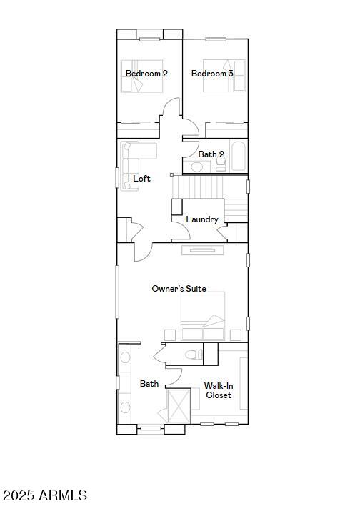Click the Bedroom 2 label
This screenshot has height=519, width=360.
[x=146, y=74]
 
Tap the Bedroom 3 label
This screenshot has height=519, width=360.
[x=212, y=74]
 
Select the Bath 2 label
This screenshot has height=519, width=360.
[x=211, y=154]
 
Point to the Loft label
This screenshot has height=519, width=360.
[x=141, y=179]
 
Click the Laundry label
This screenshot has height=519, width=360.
[x=202, y=219]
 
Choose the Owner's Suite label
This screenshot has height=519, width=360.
[x=179, y=289]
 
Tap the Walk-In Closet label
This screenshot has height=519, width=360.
[x=218, y=390]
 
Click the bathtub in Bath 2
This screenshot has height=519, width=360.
[x=238, y=157]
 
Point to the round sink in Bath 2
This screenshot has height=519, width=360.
[x=197, y=167]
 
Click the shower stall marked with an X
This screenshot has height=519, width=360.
[x=179, y=406]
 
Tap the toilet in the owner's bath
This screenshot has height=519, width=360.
[x=194, y=355]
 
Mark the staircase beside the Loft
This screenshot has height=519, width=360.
[x=210, y=194]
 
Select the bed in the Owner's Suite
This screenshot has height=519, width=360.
[x=203, y=316]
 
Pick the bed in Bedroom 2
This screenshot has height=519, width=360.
[x=142, y=76]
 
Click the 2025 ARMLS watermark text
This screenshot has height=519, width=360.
[x=45, y=495]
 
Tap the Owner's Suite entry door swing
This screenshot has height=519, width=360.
[x=143, y=252]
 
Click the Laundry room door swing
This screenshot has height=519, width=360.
[x=181, y=230]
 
